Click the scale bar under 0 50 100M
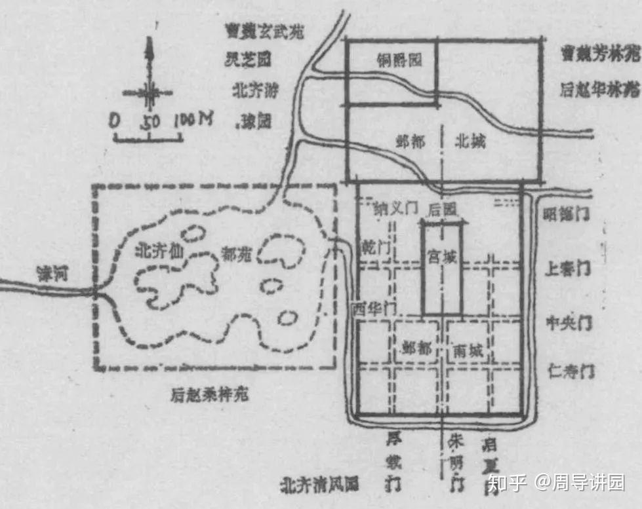[149, 137]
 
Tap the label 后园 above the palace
[441, 210]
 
